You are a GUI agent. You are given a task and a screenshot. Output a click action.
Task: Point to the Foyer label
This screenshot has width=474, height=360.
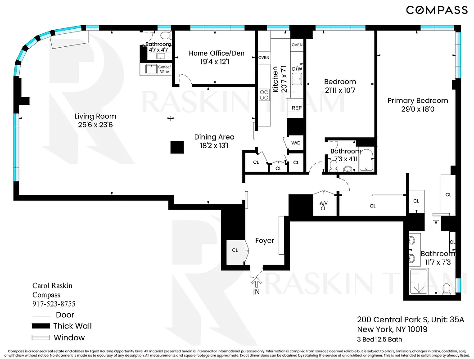[x=264, y=241]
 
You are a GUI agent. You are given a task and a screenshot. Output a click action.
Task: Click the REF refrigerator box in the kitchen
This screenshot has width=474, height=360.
[x=296, y=108]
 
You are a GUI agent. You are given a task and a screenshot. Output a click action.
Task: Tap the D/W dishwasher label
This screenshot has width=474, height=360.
[x=297, y=69]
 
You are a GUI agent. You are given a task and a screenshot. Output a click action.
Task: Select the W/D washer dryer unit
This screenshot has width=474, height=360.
[x=296, y=143]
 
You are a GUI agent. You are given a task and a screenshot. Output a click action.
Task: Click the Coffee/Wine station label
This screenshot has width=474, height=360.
[x=164, y=69]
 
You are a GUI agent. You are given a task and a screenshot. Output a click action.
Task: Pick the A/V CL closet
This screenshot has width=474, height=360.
[x=323, y=205]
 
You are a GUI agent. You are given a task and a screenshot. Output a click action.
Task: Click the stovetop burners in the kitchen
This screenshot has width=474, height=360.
[x=264, y=95]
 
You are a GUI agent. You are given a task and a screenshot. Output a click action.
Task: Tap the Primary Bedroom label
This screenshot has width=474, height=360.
[x=417, y=100]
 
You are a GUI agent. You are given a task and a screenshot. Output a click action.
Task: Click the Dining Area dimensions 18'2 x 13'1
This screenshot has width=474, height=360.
[x=214, y=145]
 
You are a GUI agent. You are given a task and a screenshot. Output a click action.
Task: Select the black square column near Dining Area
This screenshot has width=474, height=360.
[x=177, y=147]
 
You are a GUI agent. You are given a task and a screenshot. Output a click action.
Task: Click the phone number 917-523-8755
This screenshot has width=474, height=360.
[x=54, y=304]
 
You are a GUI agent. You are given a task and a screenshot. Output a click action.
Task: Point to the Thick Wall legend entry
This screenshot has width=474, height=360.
[x=72, y=326]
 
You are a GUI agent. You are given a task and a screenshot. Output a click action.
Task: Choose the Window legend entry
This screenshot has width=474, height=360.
[x=69, y=337]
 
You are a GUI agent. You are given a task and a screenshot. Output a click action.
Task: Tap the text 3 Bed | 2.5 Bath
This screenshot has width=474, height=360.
[x=379, y=339]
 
